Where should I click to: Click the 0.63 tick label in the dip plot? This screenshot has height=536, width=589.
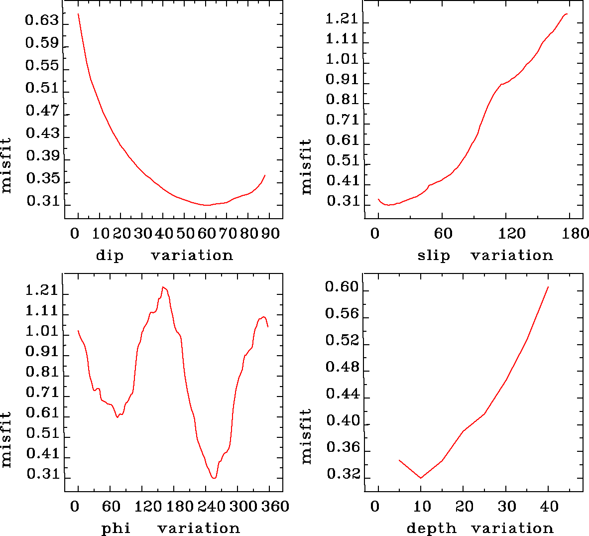point(42,21)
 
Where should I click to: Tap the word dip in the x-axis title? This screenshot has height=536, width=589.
point(110,256)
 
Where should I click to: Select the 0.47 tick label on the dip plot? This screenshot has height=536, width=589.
point(42,111)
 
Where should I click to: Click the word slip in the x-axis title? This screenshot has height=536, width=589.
point(434,256)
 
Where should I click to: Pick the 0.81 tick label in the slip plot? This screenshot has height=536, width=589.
point(342,100)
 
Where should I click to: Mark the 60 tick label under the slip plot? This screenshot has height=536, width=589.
point(443,234)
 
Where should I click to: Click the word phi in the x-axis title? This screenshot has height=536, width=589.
point(116,528)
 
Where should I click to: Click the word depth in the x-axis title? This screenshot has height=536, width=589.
point(431,528)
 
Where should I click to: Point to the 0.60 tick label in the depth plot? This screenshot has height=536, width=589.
point(342,287)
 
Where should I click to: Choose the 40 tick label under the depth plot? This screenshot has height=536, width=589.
point(549,507)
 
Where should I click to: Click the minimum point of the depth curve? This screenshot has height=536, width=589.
point(421,478)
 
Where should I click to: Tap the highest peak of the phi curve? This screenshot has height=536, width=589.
point(163,287)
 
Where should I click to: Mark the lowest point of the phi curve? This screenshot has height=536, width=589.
point(214,478)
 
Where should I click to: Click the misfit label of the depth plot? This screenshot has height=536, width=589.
point(306,436)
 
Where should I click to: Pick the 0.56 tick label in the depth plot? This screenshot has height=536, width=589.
point(342,314)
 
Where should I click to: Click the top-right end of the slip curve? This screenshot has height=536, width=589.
point(567,14)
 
